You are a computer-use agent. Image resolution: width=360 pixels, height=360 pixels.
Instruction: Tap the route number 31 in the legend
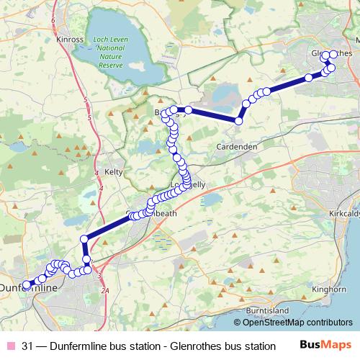[x=28, y=346]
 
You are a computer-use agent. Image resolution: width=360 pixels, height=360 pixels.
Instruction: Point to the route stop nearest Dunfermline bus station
[x=26, y=284]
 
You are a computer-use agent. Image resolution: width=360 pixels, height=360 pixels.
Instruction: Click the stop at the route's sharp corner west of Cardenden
[x=238, y=120]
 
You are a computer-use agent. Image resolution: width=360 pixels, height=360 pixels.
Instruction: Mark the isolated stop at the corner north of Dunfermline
[x=84, y=238]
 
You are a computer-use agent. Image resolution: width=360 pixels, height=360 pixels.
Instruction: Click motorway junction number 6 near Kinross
[x=53, y=21]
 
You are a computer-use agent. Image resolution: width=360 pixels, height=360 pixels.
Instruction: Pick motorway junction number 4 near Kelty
[x=101, y=188]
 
